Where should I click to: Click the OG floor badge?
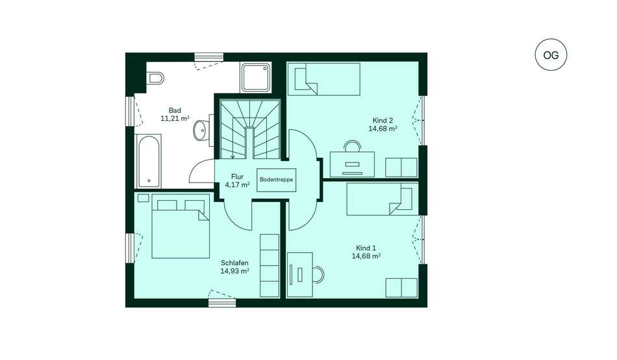pos(551,55)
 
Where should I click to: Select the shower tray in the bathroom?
pos(256,77)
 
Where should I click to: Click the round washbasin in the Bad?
pos(201,129)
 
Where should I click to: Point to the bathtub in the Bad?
pos(148,162)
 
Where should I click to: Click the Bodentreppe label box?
pos(276,180)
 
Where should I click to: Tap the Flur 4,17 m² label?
pos(237,181)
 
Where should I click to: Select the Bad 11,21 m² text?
pos(175,114)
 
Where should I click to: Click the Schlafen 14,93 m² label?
pos(234,266)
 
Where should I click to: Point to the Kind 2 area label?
pos(383,125)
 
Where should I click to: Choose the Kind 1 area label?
pos(366,252)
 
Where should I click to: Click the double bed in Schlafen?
pos(181,227)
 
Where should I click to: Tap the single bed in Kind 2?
pos(324,79)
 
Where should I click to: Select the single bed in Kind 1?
pos(383,199)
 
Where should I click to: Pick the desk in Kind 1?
pos(300,274)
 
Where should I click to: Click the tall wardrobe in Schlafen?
pos(270,266)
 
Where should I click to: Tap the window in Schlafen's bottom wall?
pos(222,303)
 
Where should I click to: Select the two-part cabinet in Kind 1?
pos(401,287)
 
